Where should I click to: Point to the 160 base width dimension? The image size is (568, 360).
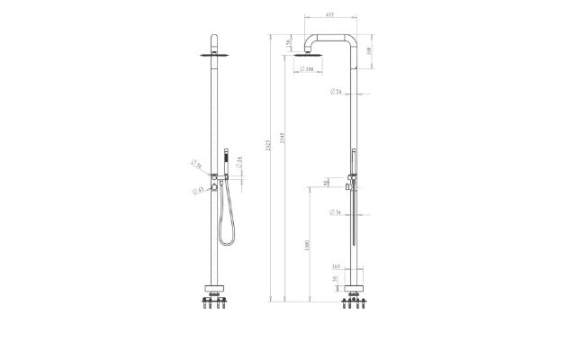point(337,267)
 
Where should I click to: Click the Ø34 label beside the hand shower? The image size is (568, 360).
point(237,161)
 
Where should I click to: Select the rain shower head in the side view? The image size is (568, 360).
point(306,58)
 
